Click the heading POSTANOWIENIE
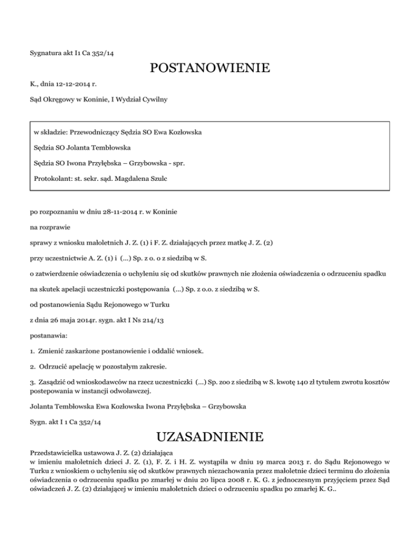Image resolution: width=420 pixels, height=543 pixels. coord(210,69)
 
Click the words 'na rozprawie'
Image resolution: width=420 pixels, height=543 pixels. coord(49,225)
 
